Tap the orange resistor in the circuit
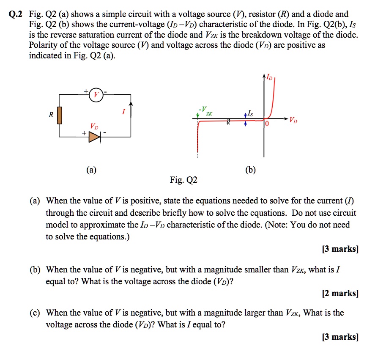click(60, 115)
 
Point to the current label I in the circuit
click(123, 113)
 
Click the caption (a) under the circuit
click(91, 170)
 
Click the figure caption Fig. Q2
click(183, 181)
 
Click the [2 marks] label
click(340, 293)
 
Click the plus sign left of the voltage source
click(86, 91)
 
